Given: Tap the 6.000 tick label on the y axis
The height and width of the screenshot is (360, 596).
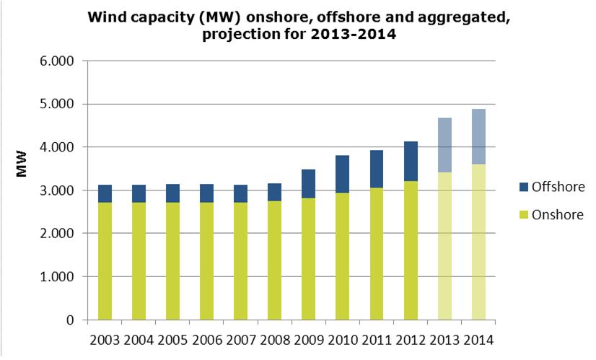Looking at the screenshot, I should (58, 61).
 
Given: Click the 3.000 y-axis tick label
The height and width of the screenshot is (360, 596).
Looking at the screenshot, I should (58, 190).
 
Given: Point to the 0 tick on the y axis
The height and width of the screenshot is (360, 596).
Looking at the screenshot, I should (71, 320).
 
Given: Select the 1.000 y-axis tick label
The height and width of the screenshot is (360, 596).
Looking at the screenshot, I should (58, 277).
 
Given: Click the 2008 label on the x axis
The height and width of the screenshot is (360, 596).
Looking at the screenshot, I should (275, 339).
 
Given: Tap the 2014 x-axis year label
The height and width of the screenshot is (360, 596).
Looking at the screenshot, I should (479, 339).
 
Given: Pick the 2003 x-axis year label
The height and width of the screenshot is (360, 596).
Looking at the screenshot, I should (105, 339).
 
